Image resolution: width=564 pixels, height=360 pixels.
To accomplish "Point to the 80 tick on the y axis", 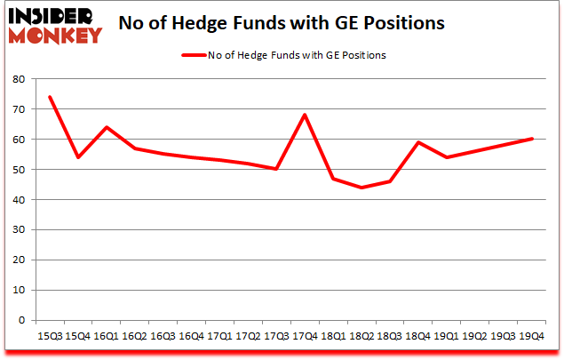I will [x=19, y=79].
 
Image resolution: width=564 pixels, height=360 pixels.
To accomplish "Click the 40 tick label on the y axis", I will [x=19, y=200].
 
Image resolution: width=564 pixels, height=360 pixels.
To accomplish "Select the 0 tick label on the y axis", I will [x=21, y=320].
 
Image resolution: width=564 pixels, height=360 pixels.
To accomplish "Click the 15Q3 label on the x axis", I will [x=49, y=336].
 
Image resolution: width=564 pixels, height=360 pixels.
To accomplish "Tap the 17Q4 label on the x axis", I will [x=306, y=336].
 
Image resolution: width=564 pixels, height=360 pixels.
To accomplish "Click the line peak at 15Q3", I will [x=49, y=97].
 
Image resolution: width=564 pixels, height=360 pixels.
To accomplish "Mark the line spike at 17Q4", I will [x=306, y=115].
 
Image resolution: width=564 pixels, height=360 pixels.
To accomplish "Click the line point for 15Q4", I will [x=77, y=157].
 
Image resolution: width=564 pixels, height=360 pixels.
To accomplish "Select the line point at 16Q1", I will [x=106, y=127].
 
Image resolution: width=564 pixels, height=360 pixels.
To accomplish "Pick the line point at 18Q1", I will [x=334, y=179].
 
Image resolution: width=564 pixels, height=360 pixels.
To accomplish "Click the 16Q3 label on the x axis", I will [x=163, y=336].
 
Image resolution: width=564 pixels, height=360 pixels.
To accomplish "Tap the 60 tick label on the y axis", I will [x=19, y=140].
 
